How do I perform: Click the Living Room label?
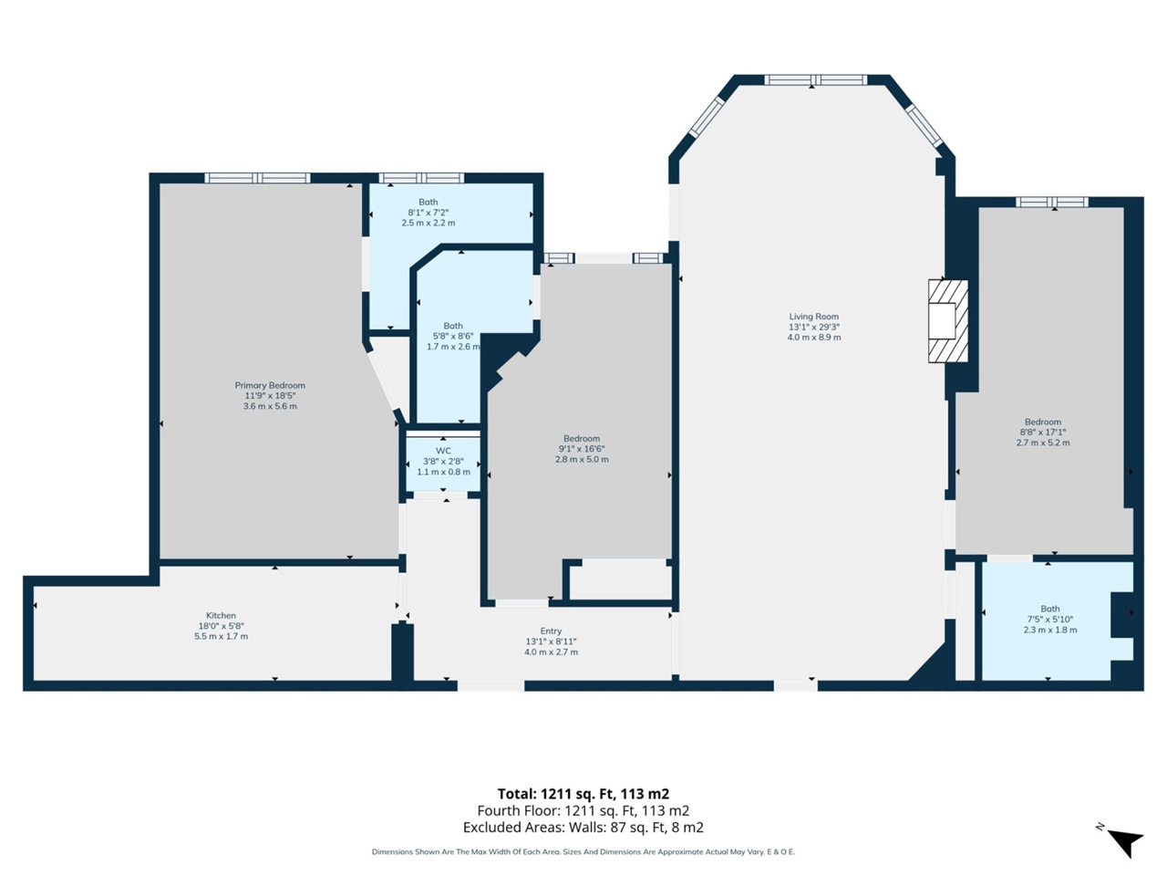pos(813,317)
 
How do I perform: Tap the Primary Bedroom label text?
pos(270,385)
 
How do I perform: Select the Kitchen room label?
pos(221,615)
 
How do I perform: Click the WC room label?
pos(443,451)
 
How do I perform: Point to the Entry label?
pos(551,631)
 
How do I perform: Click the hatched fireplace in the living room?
pos(947,320)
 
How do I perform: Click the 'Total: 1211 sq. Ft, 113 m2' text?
pos(583,794)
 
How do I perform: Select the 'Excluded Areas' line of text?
pos(583,828)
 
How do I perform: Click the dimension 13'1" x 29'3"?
pos(813,327)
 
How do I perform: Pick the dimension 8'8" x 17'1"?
pos(1042,433)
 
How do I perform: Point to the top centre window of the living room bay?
pos(815,80)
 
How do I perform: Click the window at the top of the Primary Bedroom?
pos(258,178)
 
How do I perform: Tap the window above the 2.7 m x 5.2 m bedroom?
pos(1052,202)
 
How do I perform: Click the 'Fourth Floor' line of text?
pos(583,810)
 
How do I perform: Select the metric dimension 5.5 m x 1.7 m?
pos(221,636)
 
